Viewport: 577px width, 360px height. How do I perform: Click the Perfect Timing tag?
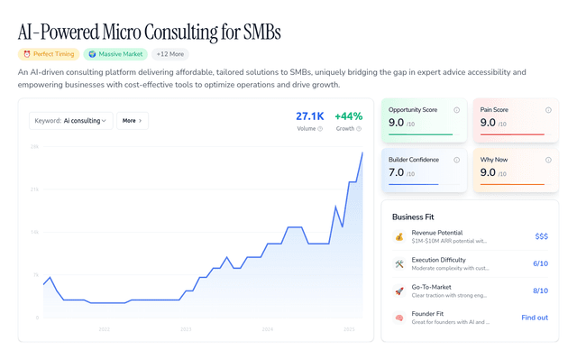[x=49, y=54]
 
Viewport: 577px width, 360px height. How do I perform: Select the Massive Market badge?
[x=115, y=54]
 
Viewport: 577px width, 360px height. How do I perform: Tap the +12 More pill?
[x=170, y=54]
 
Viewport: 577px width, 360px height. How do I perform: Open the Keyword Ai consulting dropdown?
[x=71, y=120]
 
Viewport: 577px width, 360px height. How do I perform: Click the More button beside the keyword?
[x=133, y=120]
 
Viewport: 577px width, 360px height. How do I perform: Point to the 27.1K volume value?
[x=309, y=116]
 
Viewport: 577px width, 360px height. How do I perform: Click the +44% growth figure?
[x=348, y=116]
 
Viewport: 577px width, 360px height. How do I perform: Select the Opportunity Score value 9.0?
[x=397, y=123]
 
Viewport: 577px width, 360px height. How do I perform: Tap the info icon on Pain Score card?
[x=548, y=110]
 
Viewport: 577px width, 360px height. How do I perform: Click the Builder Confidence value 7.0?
[x=397, y=172]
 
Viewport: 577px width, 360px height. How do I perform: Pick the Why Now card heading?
[x=495, y=160]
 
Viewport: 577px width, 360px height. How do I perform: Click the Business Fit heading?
[x=420, y=217]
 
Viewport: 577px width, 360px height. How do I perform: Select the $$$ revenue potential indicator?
[x=541, y=236]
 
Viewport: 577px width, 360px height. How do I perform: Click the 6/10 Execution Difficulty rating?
[x=540, y=263]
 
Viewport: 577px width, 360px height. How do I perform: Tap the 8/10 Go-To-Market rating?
[x=540, y=291]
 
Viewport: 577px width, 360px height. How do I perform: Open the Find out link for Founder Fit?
[x=535, y=318]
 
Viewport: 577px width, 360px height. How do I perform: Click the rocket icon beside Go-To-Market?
[x=398, y=291]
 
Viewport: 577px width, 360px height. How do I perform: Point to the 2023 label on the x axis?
[x=186, y=329]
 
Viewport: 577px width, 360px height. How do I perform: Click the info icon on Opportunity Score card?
[x=456, y=110]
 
